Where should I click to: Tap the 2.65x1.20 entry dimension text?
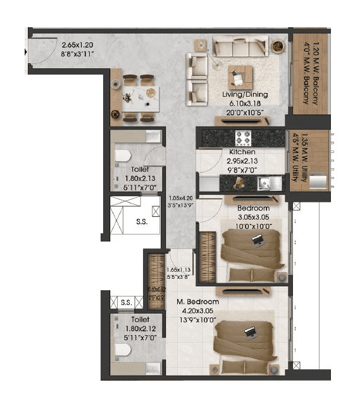coord(77,45)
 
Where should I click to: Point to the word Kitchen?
coord(242,152)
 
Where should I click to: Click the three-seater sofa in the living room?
coord(240,46)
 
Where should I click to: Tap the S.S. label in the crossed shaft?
coord(142,222)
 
